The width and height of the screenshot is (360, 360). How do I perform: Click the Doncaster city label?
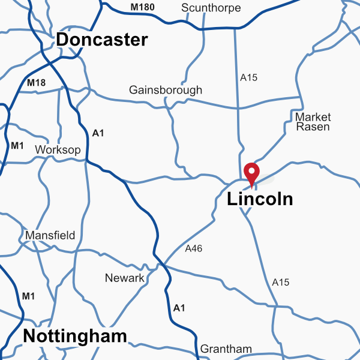click(x=102, y=40)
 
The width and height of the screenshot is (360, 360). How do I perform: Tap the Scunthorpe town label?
click(x=211, y=8)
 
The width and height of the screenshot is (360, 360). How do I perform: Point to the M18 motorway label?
click(x=36, y=82)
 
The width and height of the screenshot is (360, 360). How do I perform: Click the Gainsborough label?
click(x=166, y=90)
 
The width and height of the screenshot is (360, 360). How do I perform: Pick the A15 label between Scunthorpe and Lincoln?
click(x=248, y=77)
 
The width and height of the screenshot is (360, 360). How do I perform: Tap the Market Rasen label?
click(x=313, y=122)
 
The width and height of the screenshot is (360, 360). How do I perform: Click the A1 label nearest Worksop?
click(x=98, y=133)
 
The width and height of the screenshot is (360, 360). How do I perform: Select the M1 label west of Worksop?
click(x=17, y=145)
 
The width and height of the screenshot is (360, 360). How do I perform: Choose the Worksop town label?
click(x=58, y=149)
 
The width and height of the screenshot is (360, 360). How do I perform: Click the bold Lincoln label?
click(x=260, y=199)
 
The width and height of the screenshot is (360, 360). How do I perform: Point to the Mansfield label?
click(x=50, y=235)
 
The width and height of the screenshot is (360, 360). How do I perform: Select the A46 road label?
click(x=194, y=248)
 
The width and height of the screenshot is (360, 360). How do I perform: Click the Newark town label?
click(x=125, y=278)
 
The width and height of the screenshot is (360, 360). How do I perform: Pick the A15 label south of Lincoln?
click(x=281, y=282)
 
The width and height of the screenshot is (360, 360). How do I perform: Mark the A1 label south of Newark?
click(x=179, y=308)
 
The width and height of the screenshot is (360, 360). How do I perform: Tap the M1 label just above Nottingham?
click(x=28, y=296)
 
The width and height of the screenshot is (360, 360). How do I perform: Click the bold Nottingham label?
click(x=75, y=337)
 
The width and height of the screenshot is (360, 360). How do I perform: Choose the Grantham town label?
click(x=226, y=349)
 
